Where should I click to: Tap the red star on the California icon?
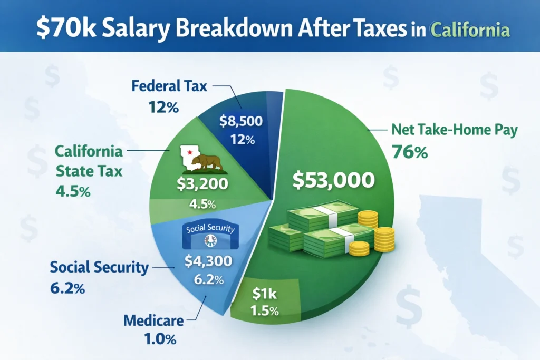[x=187, y=152]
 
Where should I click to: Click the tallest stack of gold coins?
[x=385, y=241]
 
